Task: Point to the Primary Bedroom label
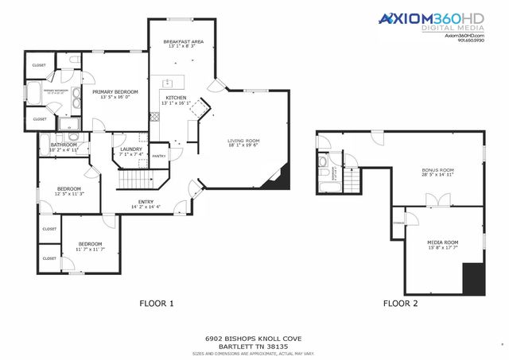point(115,92)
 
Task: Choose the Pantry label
point(159,156)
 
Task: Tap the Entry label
point(146,202)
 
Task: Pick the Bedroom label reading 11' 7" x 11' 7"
point(89,244)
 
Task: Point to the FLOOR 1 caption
point(156,303)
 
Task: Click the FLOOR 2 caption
point(400,303)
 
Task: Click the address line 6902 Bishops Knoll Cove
point(254,338)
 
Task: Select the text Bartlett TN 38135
point(254,346)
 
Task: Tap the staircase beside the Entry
point(134,182)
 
